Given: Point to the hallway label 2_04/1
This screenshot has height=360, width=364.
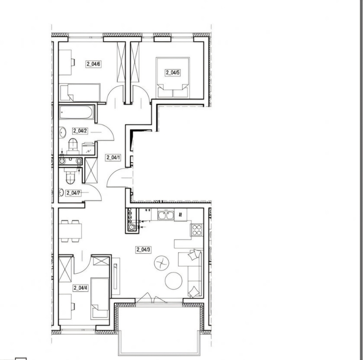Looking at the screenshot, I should tap(113, 157).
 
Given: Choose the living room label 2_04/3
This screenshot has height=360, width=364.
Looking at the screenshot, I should tap(144, 250).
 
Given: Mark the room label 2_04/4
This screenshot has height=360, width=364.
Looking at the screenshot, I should tap(80, 288).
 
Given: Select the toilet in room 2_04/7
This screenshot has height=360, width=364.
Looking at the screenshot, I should tap(70, 177).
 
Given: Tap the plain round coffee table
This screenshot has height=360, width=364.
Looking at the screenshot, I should tap(174, 281).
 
